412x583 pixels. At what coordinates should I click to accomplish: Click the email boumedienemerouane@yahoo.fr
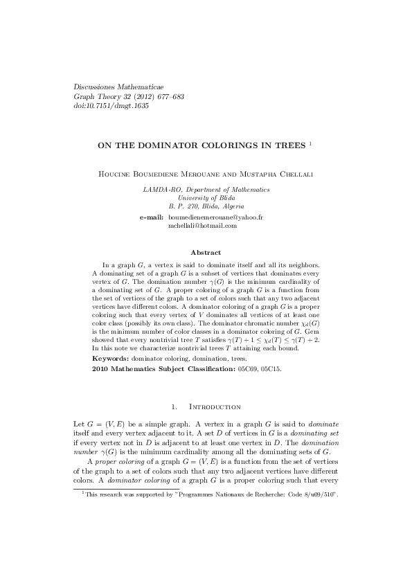tap(215, 217)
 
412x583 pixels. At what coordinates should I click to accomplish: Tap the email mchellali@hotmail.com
tap(203, 225)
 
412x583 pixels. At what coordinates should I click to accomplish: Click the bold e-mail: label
tap(152, 217)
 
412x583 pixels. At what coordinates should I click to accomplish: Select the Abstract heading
tap(206, 253)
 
